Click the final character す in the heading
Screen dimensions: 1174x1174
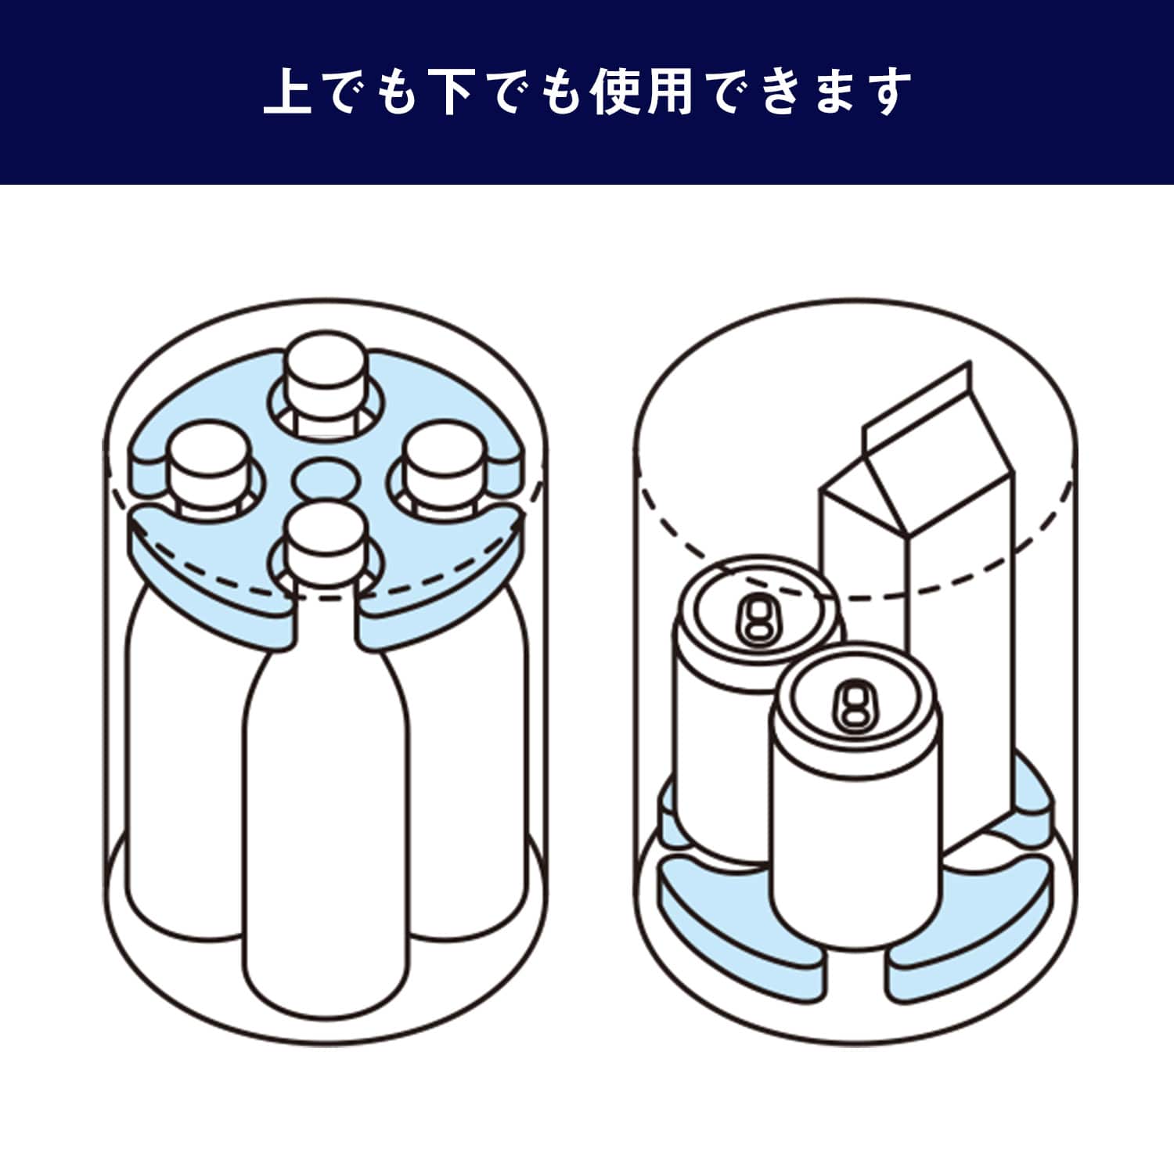pos(887,92)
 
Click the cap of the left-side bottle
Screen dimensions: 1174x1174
pos(207,462)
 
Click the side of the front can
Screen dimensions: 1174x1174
pos(853,845)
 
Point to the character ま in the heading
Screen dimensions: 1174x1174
pos(832,92)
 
